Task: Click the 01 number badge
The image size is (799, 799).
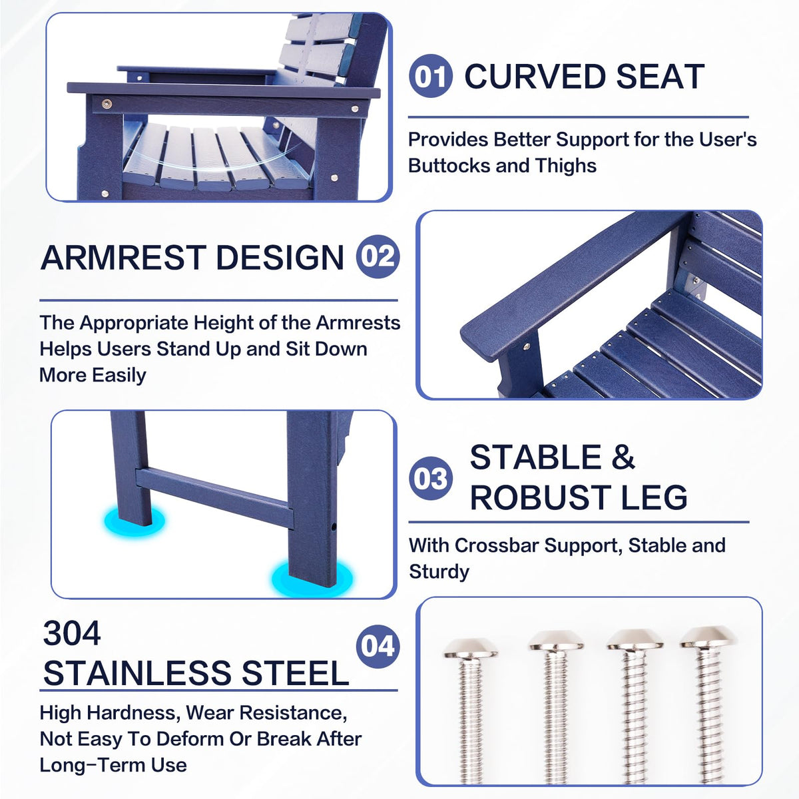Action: (430, 76)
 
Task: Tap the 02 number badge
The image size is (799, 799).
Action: (378, 256)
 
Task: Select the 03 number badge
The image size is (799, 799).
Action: (430, 478)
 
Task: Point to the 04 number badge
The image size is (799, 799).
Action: (378, 647)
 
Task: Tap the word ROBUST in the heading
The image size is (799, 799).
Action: (540, 497)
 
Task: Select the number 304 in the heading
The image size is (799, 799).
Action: (72, 633)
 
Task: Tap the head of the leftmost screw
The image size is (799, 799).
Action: (470, 648)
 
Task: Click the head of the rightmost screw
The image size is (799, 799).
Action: (708, 637)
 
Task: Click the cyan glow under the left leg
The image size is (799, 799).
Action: (134, 521)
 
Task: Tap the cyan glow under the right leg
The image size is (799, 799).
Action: (312, 579)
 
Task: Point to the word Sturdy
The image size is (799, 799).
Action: (439, 572)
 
